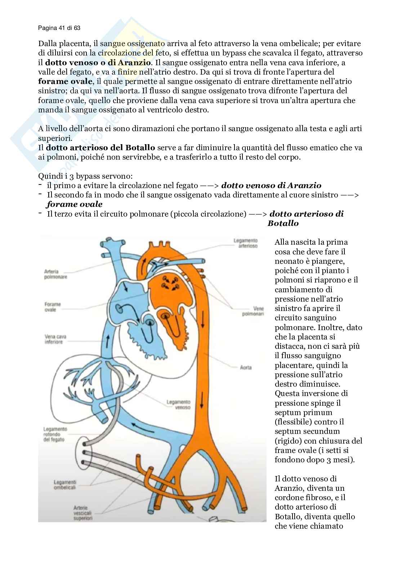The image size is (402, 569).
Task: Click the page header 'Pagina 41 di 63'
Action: point(59,28)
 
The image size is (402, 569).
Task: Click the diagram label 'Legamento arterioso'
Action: point(246,243)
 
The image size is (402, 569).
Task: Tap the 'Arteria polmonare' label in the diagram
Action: point(55,274)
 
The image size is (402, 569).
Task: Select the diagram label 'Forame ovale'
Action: point(53,307)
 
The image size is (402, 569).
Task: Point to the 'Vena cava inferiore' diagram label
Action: point(55,339)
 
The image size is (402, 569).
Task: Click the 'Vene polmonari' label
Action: point(253,311)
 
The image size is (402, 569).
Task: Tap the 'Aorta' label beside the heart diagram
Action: point(246,368)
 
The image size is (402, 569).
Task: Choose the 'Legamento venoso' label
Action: point(178,404)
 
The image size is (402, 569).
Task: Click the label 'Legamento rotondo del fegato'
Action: point(55,434)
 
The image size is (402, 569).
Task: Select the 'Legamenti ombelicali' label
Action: point(65,485)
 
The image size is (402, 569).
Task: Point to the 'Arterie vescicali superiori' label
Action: point(83,513)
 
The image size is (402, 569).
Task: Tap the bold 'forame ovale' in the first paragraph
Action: point(65,81)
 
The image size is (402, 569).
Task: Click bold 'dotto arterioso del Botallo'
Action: point(100,147)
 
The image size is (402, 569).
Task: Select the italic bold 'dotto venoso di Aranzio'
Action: point(271,186)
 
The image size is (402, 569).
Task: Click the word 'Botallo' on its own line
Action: point(283,223)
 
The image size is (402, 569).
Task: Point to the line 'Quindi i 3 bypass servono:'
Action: point(85,176)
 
